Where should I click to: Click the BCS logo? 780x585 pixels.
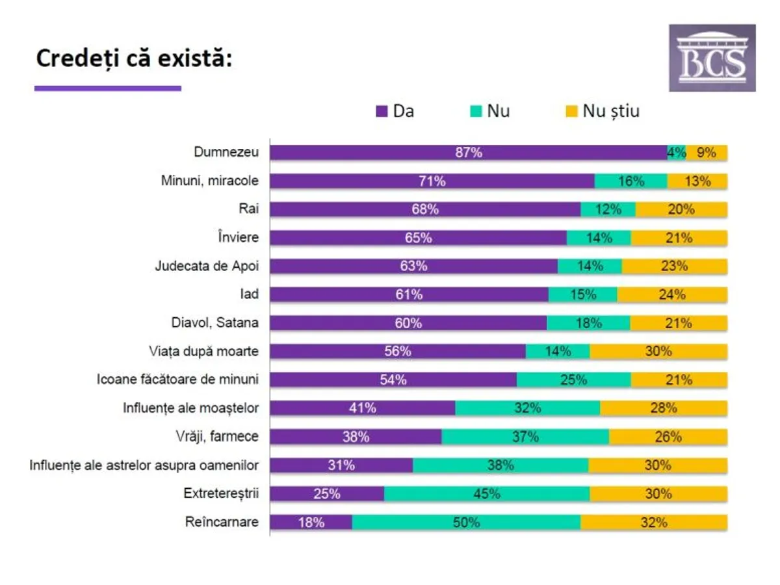[x=712, y=58]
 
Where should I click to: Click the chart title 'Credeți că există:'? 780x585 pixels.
[x=133, y=58]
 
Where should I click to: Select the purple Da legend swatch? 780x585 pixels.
[x=382, y=111]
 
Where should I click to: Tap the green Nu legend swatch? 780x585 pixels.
[x=474, y=111]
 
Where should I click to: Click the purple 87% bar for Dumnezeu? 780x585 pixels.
[x=468, y=153]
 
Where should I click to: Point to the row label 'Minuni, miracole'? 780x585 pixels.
[x=209, y=181]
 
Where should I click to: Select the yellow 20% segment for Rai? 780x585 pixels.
[x=681, y=209]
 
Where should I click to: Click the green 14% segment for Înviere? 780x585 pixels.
[x=598, y=238]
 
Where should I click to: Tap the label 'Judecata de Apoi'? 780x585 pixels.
[x=206, y=266]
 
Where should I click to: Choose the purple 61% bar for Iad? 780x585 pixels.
[x=409, y=294]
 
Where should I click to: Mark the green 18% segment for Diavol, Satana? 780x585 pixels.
[x=588, y=323]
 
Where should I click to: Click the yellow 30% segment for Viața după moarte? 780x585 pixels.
[x=658, y=352]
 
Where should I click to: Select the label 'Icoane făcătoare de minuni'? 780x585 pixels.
[x=177, y=380]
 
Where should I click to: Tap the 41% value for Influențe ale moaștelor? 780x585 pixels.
[x=362, y=408]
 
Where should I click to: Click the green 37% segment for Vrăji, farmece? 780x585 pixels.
[x=525, y=437]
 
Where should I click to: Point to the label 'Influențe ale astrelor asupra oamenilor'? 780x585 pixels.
[x=144, y=465]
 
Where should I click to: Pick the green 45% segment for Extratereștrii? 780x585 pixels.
[x=487, y=494]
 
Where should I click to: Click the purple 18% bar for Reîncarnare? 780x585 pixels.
[x=311, y=523]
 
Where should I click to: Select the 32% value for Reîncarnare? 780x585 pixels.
[x=654, y=523]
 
